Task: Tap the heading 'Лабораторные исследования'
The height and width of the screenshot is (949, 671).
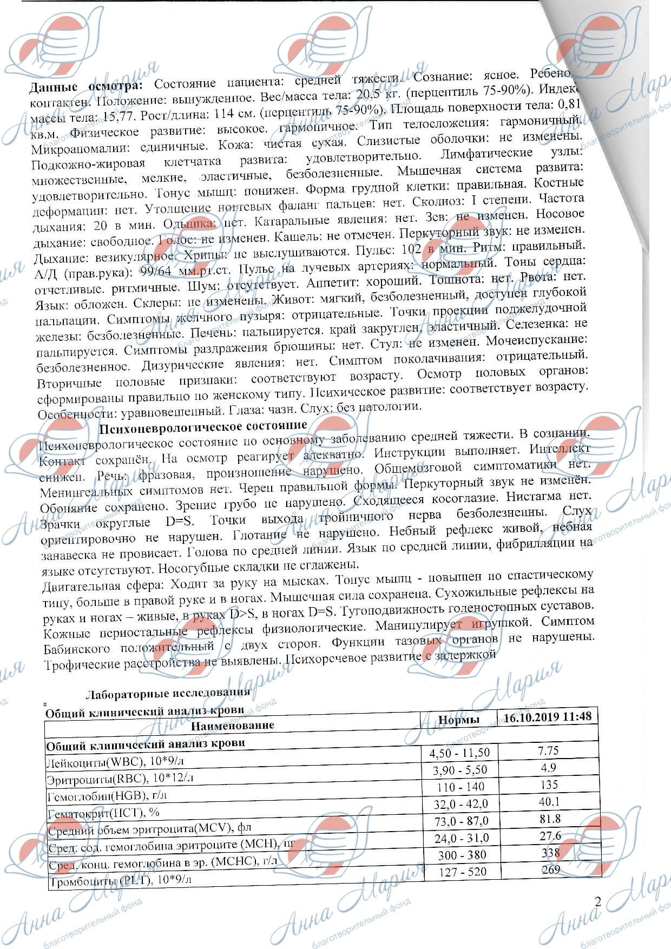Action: coord(168,693)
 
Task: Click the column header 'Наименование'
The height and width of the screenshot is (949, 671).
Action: coord(233,725)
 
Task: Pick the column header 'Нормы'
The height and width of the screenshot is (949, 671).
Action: coord(458,720)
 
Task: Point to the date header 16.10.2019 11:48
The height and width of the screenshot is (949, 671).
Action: coord(547,717)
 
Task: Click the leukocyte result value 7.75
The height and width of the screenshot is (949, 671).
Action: coord(548,750)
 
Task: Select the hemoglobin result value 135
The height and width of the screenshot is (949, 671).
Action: coord(549,785)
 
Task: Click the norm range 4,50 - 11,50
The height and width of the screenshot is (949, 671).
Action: coord(459,753)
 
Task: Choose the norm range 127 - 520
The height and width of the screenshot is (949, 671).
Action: coord(461,872)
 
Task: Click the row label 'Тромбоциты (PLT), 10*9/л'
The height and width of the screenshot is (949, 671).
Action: coord(120,882)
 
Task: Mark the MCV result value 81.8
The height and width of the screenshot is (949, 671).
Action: coord(550,819)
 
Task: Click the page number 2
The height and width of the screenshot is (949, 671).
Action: coord(597,901)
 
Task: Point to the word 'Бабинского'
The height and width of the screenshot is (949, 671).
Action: coord(77,649)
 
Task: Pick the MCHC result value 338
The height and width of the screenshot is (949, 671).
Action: coord(550,853)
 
